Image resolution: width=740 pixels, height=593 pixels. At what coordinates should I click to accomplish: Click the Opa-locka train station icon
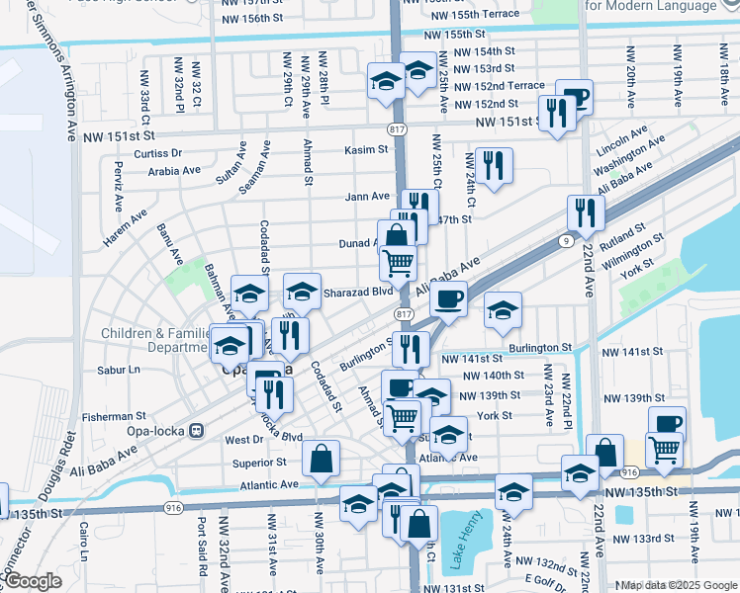pyautogui.click(x=197, y=431)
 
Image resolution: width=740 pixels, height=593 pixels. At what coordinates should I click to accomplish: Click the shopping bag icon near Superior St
pyautogui.click(x=322, y=459)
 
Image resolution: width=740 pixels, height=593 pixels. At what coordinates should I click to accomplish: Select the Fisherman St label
pyautogui.click(x=114, y=417)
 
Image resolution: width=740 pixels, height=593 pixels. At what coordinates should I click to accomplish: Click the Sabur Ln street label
pyautogui.click(x=120, y=370)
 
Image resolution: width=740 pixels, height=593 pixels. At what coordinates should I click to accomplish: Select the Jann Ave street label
pyautogui.click(x=367, y=197)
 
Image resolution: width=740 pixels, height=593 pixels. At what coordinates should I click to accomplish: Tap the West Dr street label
pyautogui.click(x=242, y=439)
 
